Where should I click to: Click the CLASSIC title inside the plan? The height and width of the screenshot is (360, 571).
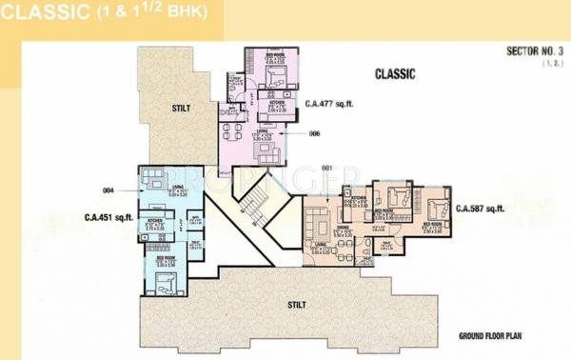pyautogui.click(x=395, y=73)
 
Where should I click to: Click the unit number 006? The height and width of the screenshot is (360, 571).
pyautogui.click(x=315, y=134)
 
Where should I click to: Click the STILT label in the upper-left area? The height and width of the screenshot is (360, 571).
pyautogui.click(x=181, y=108)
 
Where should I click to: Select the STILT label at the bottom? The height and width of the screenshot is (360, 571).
pyautogui.click(x=297, y=306)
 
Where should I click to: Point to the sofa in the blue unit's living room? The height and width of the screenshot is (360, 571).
pyautogui.click(x=149, y=177)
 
